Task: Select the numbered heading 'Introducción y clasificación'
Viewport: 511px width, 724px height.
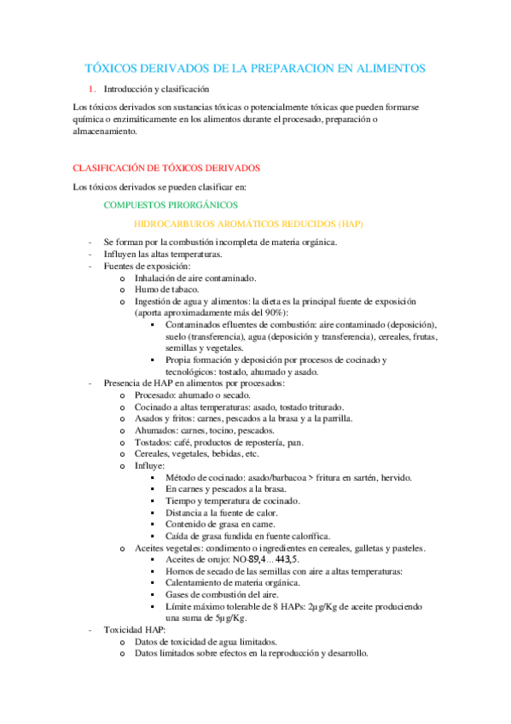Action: click(x=156, y=89)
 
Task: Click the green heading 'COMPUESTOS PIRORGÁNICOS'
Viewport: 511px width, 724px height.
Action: click(x=165, y=205)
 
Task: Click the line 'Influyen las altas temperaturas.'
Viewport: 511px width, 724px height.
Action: click(x=163, y=254)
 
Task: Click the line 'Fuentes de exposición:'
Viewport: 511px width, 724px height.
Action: click(x=148, y=266)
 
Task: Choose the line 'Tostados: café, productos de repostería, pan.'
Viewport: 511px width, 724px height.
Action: click(x=218, y=442)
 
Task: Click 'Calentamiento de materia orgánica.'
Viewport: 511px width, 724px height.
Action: click(x=233, y=582)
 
